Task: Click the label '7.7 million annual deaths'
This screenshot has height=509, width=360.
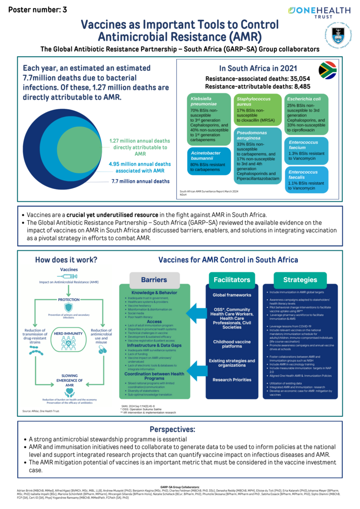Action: (x=140, y=181)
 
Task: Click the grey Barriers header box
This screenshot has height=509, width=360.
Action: (x=154, y=280)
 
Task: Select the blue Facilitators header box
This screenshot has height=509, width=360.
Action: (x=232, y=279)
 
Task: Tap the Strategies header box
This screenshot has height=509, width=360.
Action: (x=300, y=279)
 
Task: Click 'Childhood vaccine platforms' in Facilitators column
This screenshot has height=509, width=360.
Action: (x=232, y=344)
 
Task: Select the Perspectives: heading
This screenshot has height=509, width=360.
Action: (x=179, y=429)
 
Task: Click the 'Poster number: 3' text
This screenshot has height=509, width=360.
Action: (x=38, y=9)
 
